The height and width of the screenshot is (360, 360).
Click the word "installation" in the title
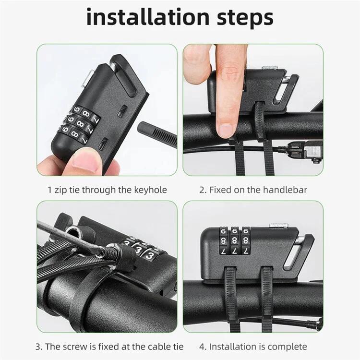pyautogui.click(x=148, y=17)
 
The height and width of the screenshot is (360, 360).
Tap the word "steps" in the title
pyautogui.click(x=245, y=19)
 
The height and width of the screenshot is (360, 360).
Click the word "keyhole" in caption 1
pyautogui.click(x=150, y=190)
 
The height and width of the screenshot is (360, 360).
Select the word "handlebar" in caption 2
pyautogui.click(x=285, y=190)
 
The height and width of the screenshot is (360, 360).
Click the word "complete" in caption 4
pyautogui.click(x=287, y=347)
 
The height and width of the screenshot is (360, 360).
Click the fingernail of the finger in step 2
pyautogui.click(x=226, y=130)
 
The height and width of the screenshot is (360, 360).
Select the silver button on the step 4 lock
pyautogui.click(x=278, y=225)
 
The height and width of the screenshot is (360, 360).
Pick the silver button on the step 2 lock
pyautogui.click(x=270, y=68)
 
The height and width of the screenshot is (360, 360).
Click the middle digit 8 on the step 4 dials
pyautogui.click(x=234, y=240)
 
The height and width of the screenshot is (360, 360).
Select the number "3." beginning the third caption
pyautogui.click(x=39, y=347)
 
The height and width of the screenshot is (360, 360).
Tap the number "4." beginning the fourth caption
pyautogui.click(x=203, y=347)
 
